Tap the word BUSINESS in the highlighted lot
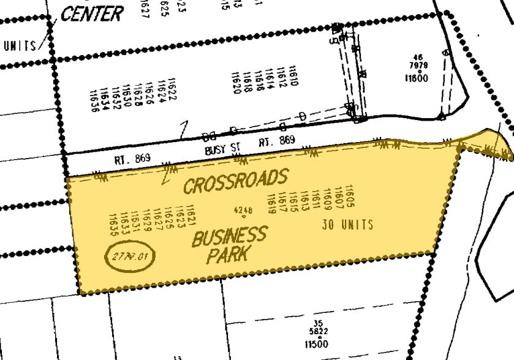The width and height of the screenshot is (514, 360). (x=229, y=236)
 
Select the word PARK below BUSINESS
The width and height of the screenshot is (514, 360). (x=227, y=255)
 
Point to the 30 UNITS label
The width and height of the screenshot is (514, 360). (x=347, y=225)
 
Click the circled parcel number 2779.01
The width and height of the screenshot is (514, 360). (x=130, y=255)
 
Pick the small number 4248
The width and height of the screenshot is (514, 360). (x=243, y=210)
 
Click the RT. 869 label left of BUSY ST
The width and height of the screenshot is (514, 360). (x=132, y=159)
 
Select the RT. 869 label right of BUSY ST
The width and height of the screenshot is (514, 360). (x=276, y=141)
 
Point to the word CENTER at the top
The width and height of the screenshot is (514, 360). (x=92, y=13)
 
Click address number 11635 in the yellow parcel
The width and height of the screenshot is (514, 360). (x=113, y=225)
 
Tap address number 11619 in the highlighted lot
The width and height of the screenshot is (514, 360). (x=270, y=204)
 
